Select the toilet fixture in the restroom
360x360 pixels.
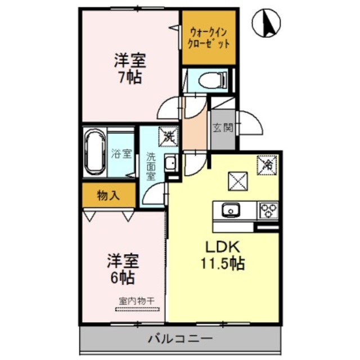(x=208, y=80)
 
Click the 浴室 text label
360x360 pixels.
(x=121, y=154)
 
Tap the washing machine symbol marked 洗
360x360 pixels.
(x=168, y=136)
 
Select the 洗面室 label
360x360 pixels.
(x=152, y=165)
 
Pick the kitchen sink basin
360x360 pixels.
(x=229, y=211)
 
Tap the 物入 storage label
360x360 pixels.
(x=108, y=196)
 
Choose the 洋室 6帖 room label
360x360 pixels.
(x=122, y=268)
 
